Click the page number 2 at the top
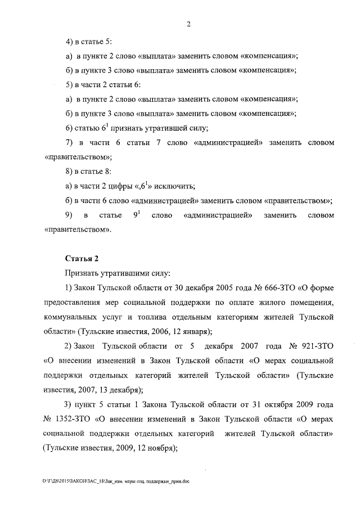click(x=189, y=24)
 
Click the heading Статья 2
click(x=82, y=259)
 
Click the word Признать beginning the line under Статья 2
click(x=82, y=273)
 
